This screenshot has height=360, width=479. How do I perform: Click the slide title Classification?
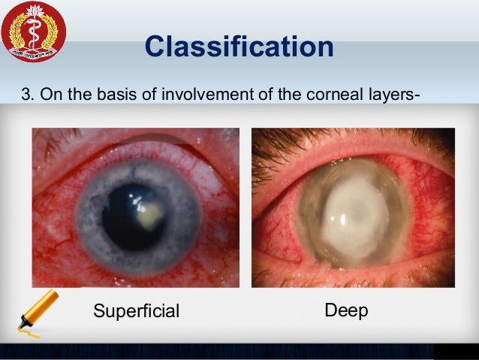[x=239, y=47]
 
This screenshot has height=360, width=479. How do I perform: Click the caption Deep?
[x=346, y=310]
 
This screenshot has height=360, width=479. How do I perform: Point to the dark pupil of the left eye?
[x=128, y=218]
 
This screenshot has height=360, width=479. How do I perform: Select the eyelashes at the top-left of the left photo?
[x=49, y=139]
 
